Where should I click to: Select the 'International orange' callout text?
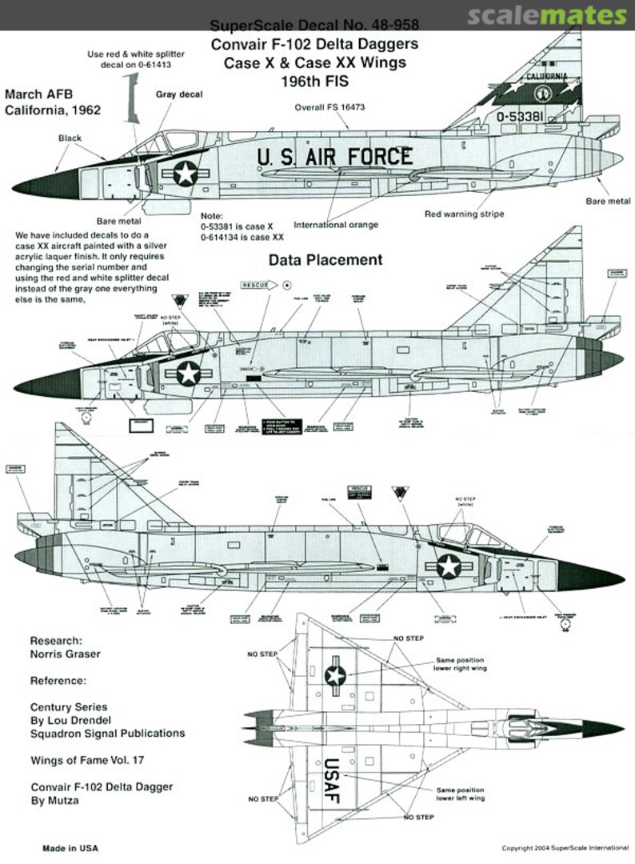pos(336,225)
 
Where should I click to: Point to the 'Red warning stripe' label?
pos(464,214)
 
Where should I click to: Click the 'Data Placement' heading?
pos(325,259)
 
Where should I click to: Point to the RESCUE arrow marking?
pos(258,283)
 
